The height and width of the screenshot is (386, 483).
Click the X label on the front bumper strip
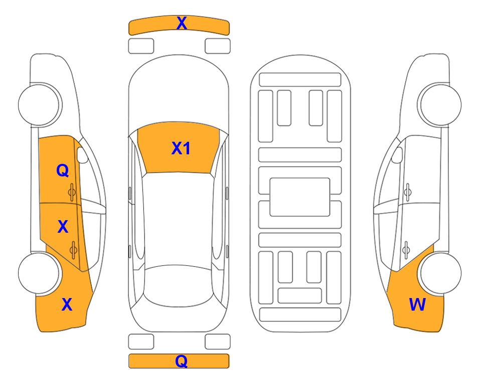[x=182, y=23]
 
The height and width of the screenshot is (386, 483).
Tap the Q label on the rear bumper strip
[x=181, y=361]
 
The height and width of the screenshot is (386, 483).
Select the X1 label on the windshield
[x=181, y=148]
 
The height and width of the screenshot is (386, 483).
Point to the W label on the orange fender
[x=417, y=305]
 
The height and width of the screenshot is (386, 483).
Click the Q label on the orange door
[x=63, y=170]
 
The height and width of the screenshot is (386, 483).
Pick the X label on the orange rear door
[x=63, y=227]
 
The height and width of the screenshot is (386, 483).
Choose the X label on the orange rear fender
[x=67, y=305]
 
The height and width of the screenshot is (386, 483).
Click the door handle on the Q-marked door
[x=72, y=192]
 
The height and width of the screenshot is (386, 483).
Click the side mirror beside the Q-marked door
[x=82, y=155]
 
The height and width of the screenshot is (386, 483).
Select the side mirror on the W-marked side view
[x=397, y=155]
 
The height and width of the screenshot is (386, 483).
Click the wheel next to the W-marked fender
[x=441, y=273]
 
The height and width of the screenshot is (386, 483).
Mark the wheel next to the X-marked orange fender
[x=39, y=273]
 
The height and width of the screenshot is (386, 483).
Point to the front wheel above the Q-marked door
[x=39, y=105]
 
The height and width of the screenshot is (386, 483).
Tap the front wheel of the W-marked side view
[x=441, y=105]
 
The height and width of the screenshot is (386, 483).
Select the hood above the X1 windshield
[x=179, y=92]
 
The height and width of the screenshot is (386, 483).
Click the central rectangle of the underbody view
[x=300, y=197]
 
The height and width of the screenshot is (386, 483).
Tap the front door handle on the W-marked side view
[x=408, y=192]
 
